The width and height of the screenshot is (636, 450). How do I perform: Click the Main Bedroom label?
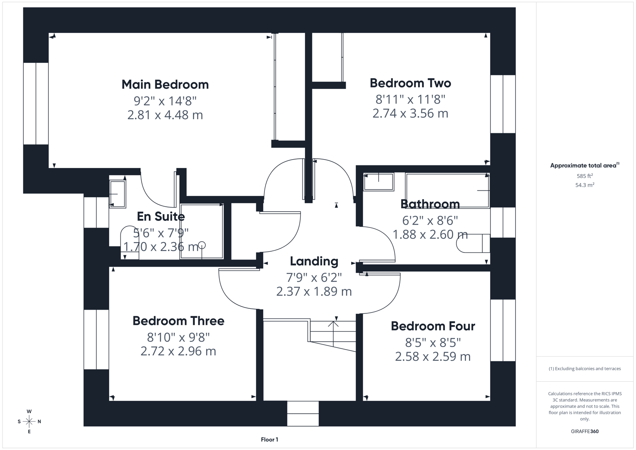[x=165, y=85]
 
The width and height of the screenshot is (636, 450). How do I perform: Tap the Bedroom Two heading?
[x=410, y=83]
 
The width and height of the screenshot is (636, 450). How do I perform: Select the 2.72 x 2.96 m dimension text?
[x=178, y=351]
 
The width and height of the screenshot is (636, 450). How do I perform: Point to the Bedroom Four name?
[x=433, y=326]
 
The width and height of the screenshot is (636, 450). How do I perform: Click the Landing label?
[x=314, y=261]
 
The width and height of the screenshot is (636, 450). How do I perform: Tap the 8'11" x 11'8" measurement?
[x=410, y=99]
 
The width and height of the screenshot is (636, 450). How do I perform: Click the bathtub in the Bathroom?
[x=447, y=190]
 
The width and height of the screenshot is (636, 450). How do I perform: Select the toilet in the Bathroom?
[x=473, y=243]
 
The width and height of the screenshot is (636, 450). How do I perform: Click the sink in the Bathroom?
[x=378, y=182]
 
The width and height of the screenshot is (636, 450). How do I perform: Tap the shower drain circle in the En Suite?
[x=202, y=245]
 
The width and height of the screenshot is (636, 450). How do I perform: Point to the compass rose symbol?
[x=29, y=421]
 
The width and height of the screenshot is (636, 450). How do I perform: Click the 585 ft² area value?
[x=584, y=176]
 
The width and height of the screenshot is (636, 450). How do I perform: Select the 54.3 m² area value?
[x=584, y=185]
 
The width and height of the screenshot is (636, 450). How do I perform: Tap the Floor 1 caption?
[x=269, y=440]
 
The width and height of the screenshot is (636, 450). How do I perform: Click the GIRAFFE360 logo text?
[x=584, y=431]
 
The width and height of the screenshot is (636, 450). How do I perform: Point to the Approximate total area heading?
[x=584, y=165]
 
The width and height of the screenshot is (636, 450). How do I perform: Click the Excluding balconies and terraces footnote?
[x=584, y=369]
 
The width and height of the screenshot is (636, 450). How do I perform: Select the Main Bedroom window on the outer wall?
[x=36, y=103]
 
